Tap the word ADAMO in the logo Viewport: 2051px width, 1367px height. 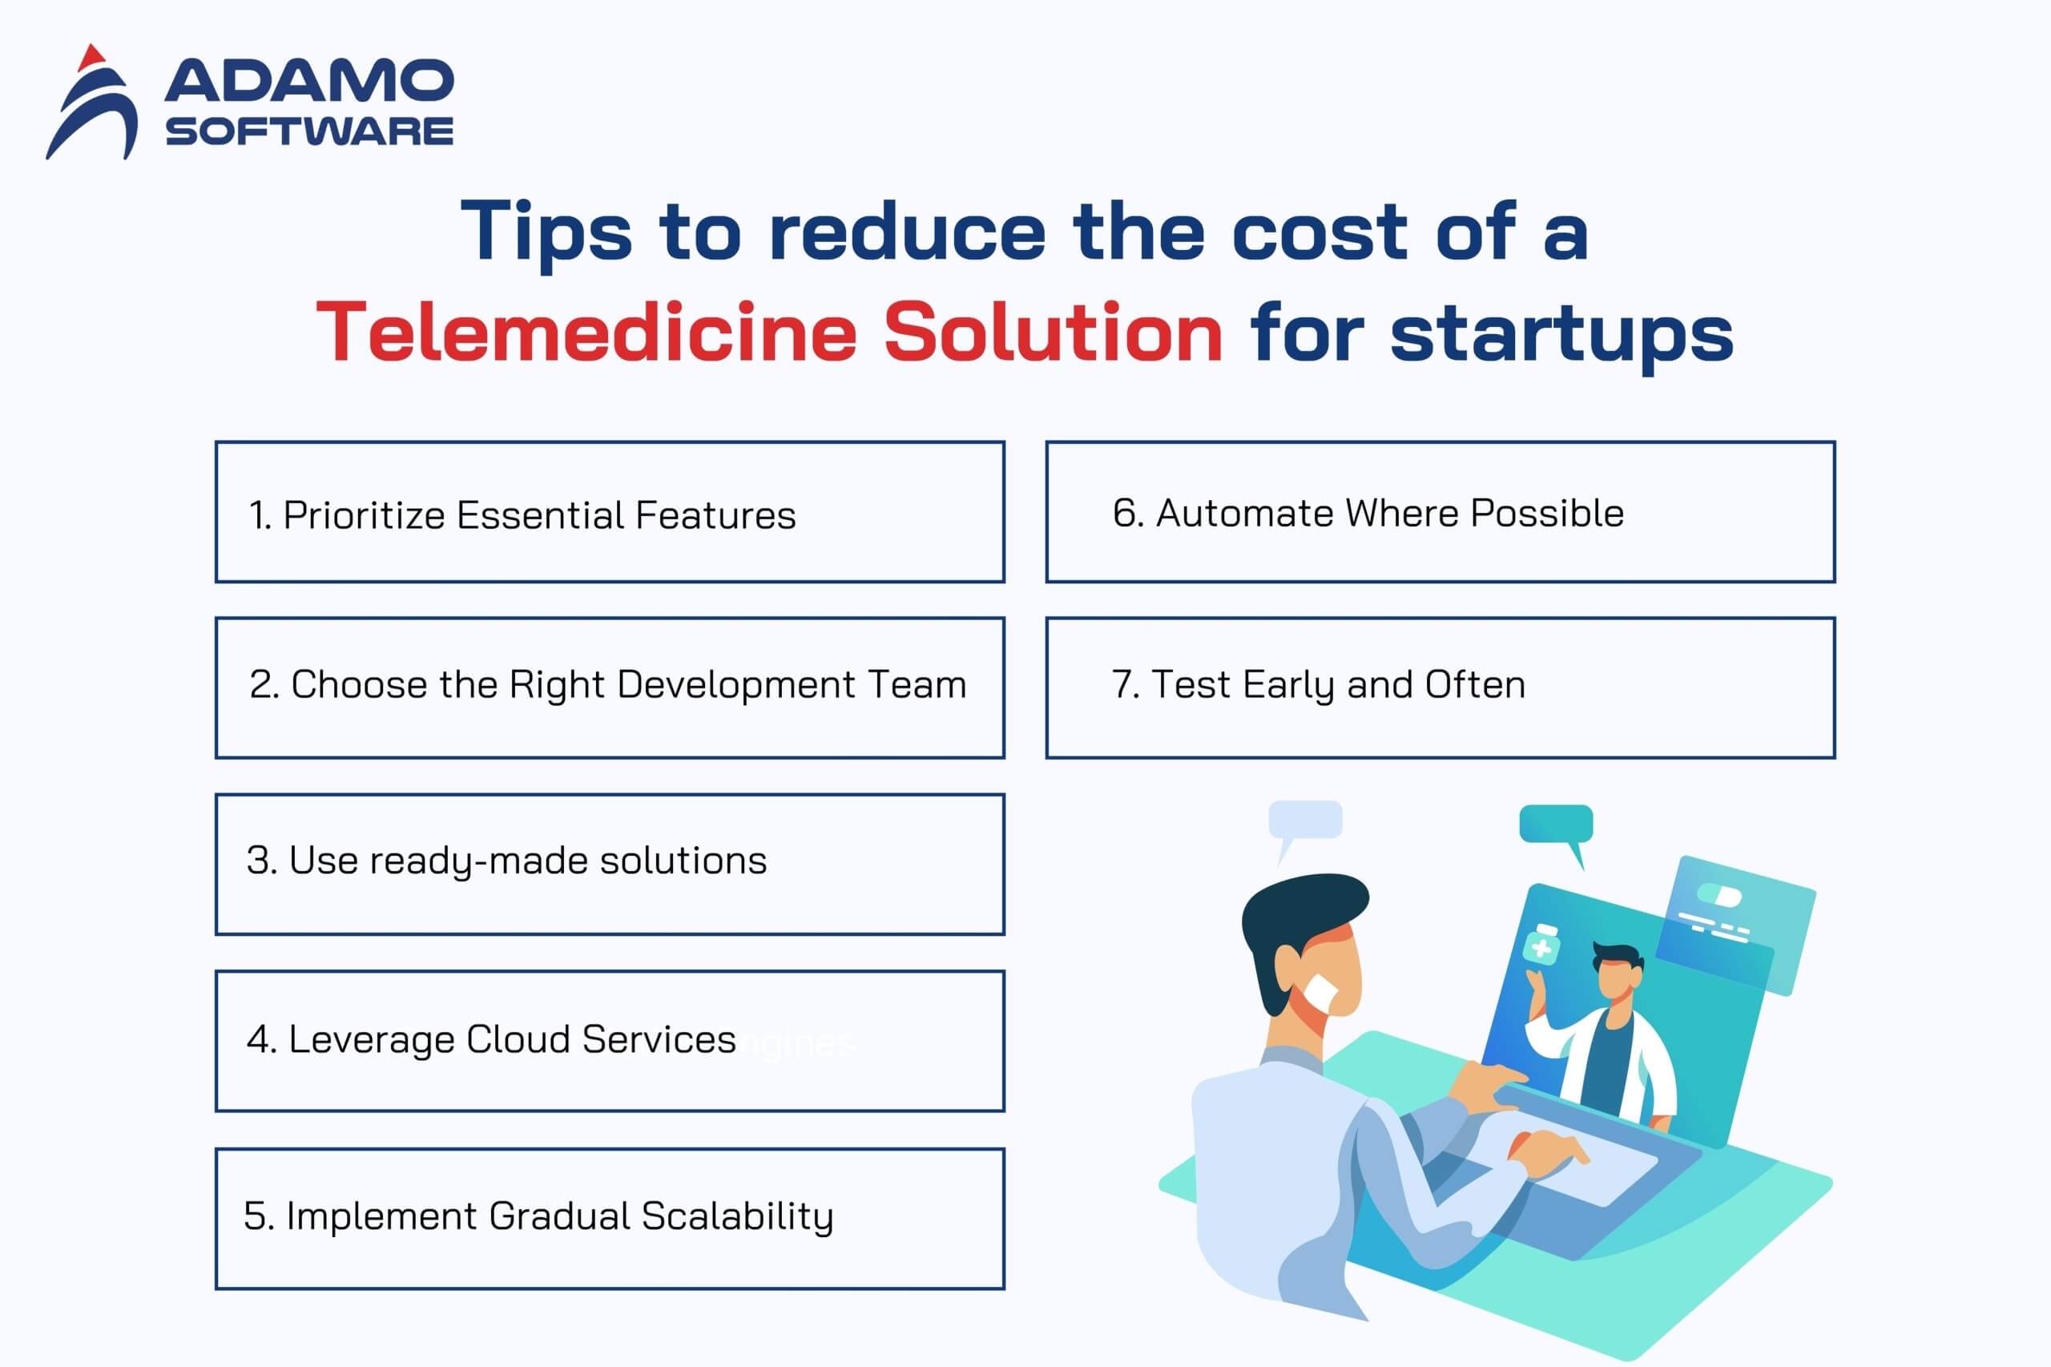[x=308, y=81]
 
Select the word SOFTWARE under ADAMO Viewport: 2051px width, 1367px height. [x=309, y=131]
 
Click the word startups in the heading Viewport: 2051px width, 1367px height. [x=1561, y=338]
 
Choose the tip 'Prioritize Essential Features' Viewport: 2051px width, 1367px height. [x=522, y=515]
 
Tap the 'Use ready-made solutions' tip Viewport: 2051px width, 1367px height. [x=506, y=861]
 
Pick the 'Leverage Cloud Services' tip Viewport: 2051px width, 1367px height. [x=492, y=1040]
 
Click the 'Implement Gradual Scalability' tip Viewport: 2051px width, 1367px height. [x=538, y=1217]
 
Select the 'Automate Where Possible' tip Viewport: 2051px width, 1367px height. [x=1368, y=514]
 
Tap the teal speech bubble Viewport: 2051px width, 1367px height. [x=1557, y=829]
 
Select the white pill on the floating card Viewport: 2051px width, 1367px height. [x=1720, y=895]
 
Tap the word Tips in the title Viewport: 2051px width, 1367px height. [x=546, y=232]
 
